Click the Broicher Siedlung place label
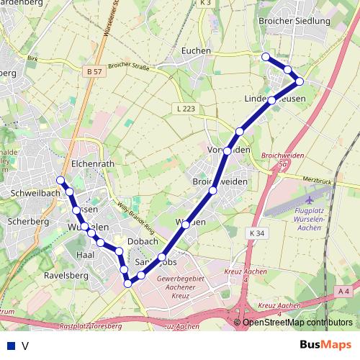pos(294,21)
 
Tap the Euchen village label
pos(197,51)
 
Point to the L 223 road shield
pos(184,108)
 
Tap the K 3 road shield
pos(205,3)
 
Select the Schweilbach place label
pos(35,194)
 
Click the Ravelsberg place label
pos(66,275)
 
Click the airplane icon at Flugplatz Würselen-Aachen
pos(310,197)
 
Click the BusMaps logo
pos(325,344)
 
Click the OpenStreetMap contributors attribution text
pos(297,323)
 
